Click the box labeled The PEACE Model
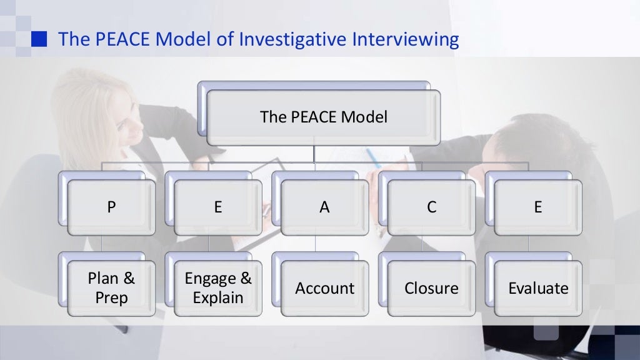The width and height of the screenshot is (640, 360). [323, 117]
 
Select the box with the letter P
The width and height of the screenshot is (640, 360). [111, 207]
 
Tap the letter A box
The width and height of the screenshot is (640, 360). [324, 207]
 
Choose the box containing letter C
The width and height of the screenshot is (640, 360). [431, 207]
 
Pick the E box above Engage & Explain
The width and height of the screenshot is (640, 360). [217, 207]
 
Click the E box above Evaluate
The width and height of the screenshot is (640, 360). [537, 207]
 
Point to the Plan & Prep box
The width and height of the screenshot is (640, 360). [111, 288]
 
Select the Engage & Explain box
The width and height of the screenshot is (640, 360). [217, 288]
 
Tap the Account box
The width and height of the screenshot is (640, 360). [324, 288]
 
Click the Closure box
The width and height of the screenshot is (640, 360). [431, 288]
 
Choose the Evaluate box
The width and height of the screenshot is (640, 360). [537, 288]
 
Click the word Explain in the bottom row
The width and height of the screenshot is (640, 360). [218, 298]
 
